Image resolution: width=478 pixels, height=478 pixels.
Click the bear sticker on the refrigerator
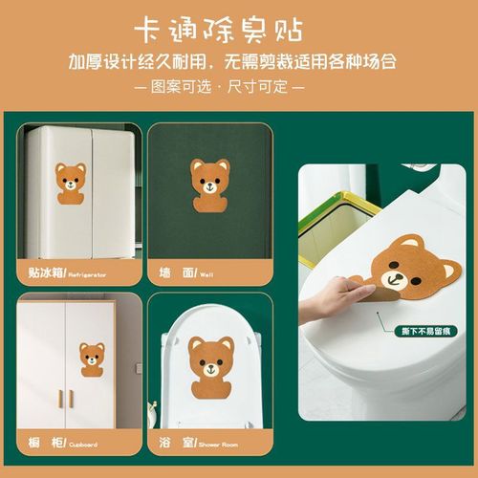(70, 186)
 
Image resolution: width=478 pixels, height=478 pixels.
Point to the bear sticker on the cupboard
(93, 358)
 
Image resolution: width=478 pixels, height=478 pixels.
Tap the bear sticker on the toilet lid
(210, 367)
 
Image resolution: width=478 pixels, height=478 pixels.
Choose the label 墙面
(176, 273)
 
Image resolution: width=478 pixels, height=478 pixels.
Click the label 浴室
(176, 443)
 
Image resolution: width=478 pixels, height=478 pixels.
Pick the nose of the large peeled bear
(395, 277)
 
